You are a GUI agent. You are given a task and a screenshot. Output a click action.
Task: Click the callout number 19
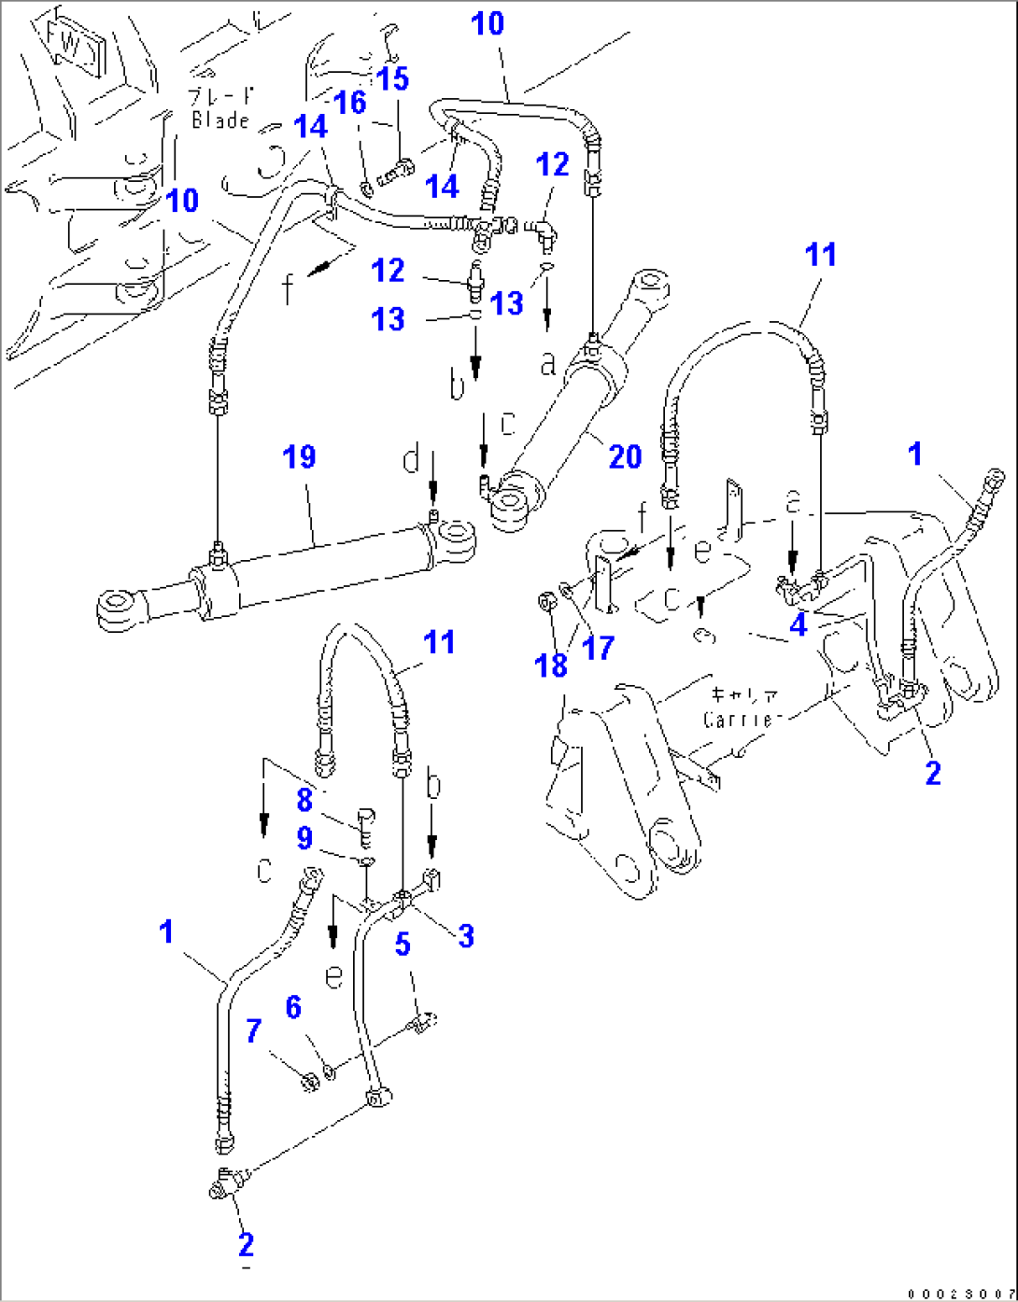coord(300,457)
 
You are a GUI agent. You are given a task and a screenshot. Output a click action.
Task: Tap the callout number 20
coord(625,456)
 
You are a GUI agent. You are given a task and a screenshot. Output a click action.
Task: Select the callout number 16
coord(350,103)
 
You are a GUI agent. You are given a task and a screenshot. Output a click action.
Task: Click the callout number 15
coord(393,78)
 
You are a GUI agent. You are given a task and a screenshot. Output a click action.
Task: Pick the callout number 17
coord(598,647)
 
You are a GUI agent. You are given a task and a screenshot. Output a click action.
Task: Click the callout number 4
coord(798,624)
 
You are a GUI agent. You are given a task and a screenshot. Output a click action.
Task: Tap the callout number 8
coord(304,799)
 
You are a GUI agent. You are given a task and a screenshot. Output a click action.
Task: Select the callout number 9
coord(304,838)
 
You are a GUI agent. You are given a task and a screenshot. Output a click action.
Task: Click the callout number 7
coord(254,1030)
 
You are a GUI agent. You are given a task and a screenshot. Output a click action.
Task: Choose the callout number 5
coord(403,944)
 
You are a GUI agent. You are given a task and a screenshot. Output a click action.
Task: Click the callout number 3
coord(465,935)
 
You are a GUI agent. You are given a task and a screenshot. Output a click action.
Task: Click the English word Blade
coord(221,119)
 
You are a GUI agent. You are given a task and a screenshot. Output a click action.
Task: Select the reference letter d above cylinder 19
coord(412,459)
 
